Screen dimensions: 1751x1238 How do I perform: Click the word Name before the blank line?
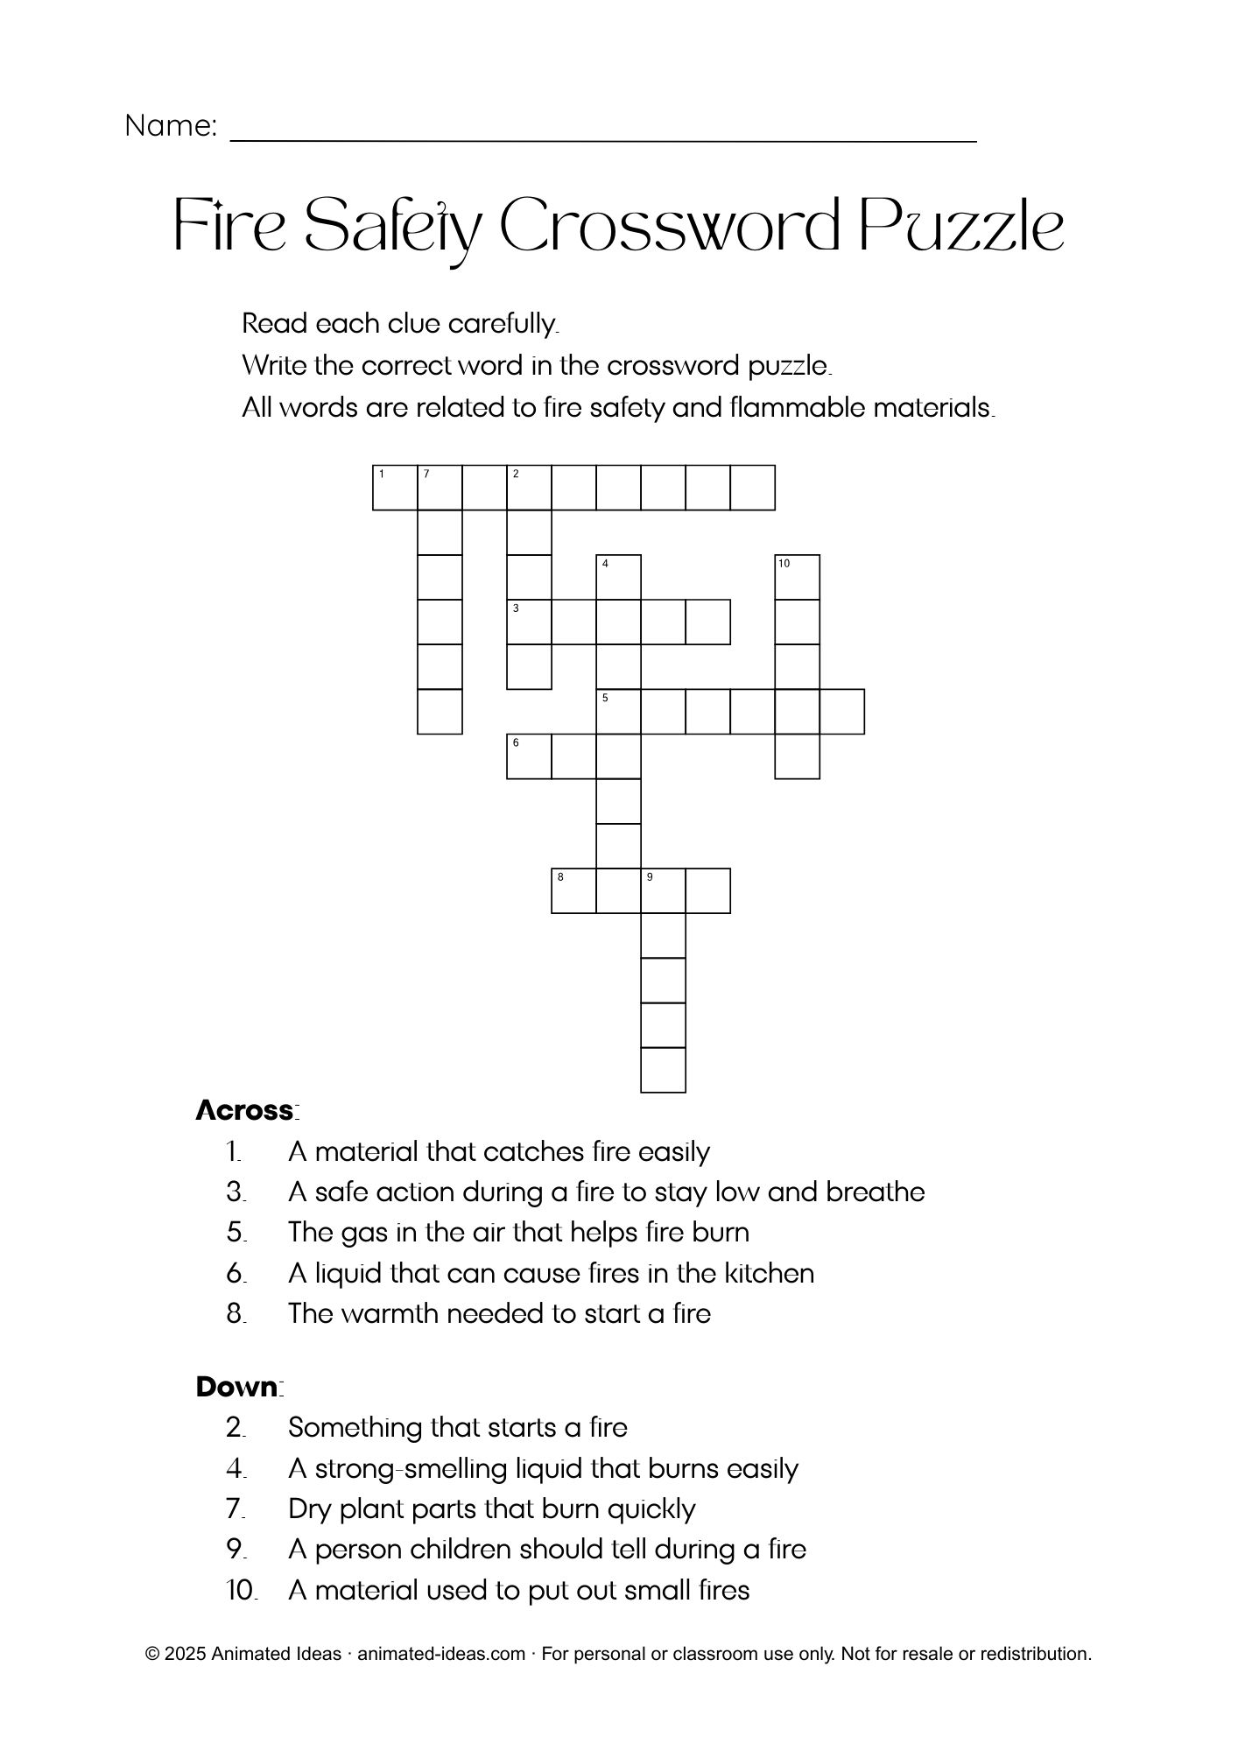[170, 126]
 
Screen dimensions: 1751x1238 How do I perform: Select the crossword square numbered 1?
[395, 488]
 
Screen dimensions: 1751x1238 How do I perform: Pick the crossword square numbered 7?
[440, 488]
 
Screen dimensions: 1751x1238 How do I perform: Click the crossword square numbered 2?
[529, 488]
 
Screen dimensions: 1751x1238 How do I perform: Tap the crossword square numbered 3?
[529, 622]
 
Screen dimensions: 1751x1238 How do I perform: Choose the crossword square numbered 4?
[618, 577]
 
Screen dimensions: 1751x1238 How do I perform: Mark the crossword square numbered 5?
[618, 711]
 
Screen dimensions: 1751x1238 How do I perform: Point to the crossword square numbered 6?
[529, 756]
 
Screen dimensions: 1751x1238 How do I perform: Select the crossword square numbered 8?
[573, 890]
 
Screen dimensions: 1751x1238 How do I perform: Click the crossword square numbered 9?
[663, 890]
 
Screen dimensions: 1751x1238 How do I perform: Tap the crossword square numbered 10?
[797, 577]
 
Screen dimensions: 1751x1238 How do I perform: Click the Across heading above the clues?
[246, 1110]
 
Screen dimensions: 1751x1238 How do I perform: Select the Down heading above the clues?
[238, 1387]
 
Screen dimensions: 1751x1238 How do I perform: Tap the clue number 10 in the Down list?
[241, 1590]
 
